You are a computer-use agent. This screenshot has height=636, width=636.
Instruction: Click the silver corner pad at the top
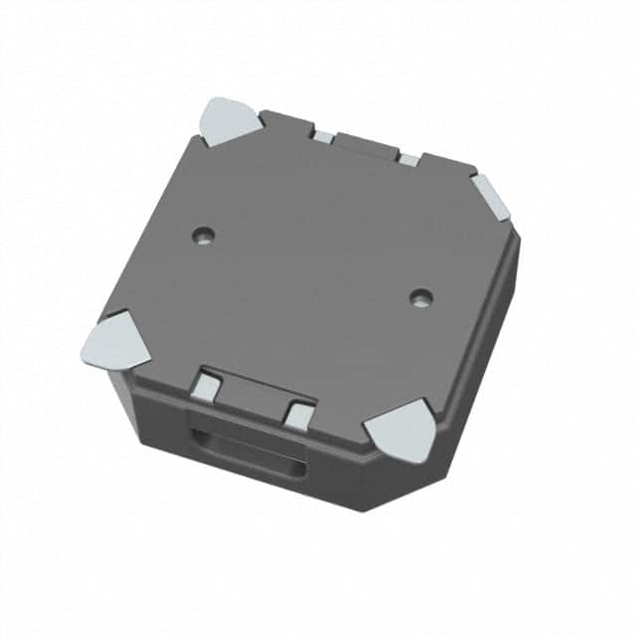point(231,118)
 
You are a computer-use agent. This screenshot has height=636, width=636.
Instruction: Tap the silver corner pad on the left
point(113,341)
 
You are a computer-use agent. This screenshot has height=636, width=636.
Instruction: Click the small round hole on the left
point(204,236)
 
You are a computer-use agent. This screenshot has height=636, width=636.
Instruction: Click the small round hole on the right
point(422,296)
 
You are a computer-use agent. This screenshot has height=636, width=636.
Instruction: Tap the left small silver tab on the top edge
point(324,136)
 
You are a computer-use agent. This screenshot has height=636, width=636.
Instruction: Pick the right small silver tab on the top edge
point(409,159)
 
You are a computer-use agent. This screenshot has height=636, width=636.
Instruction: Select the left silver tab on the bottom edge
point(207,386)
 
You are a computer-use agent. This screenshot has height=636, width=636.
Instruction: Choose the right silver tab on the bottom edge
point(298,414)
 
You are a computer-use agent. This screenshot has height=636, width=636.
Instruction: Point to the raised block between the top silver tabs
point(365,145)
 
